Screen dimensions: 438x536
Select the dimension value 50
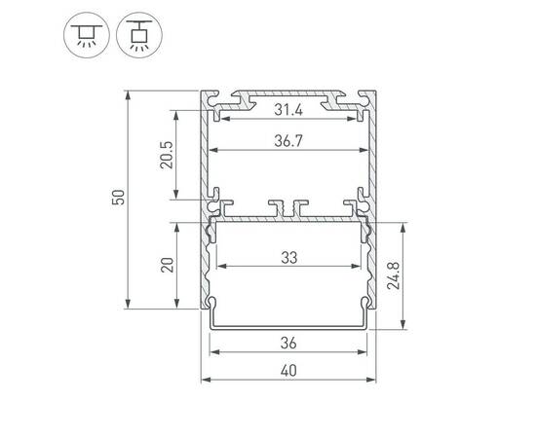tap(118, 199)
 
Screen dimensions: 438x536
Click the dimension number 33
tap(288, 259)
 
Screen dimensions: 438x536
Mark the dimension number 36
tap(288, 343)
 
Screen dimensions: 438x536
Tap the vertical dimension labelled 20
tap(167, 266)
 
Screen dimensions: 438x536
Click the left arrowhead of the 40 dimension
tap(205, 379)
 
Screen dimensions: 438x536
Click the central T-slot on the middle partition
tap(287, 207)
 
